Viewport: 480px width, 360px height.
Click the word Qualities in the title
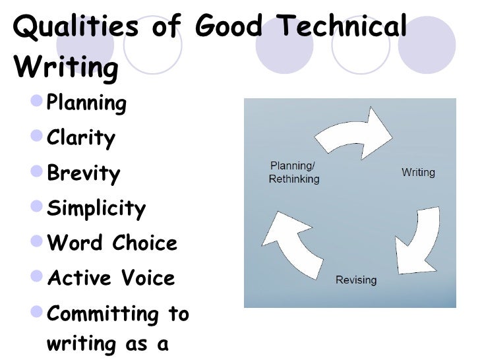[76, 27]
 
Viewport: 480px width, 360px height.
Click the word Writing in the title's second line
[65, 67]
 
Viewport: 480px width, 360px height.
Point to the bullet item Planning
[86, 104]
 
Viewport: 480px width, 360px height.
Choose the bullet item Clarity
[81, 138]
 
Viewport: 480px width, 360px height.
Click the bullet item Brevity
[84, 174]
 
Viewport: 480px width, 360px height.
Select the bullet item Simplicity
[96, 209]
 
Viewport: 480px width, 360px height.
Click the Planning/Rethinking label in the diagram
[294, 173]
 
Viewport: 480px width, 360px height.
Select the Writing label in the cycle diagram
[418, 173]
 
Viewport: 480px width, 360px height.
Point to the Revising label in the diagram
[356, 280]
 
